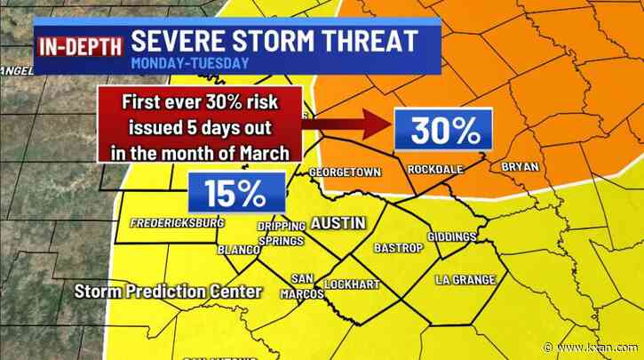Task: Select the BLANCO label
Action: [x=237, y=250]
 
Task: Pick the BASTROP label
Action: [x=394, y=246]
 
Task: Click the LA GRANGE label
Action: [x=465, y=279]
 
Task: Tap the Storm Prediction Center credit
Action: [x=169, y=291]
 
